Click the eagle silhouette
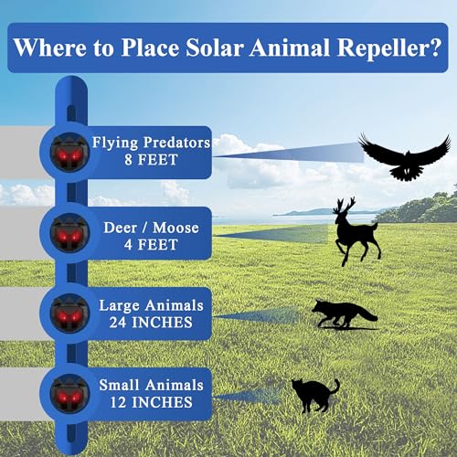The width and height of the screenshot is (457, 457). click(404, 155)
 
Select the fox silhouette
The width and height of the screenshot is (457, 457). click(343, 313)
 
